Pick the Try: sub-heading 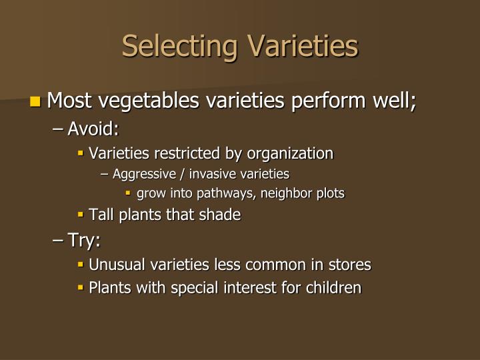point(83,239)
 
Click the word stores point(349,265)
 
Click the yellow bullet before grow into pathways point(129,194)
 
